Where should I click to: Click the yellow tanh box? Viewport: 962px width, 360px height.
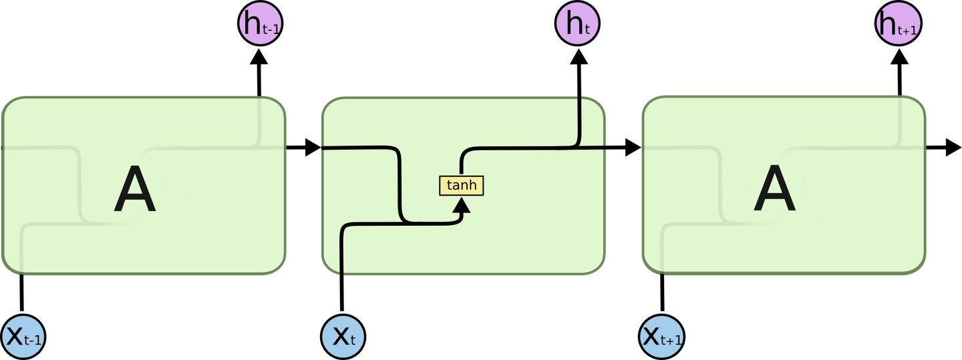click(461, 185)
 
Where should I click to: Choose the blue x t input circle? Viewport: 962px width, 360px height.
click(343, 336)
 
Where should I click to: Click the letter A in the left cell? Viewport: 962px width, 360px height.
click(134, 190)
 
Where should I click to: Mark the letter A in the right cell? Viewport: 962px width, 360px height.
click(775, 190)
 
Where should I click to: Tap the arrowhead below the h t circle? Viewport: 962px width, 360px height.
click(578, 56)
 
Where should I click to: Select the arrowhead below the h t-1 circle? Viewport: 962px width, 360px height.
click(259, 56)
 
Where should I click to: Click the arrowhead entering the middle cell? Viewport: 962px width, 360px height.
click(313, 148)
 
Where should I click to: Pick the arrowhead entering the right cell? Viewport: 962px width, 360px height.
click(633, 148)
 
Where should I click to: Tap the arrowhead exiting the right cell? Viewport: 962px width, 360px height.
click(953, 148)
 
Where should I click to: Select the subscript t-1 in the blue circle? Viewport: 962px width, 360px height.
click(33, 341)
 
